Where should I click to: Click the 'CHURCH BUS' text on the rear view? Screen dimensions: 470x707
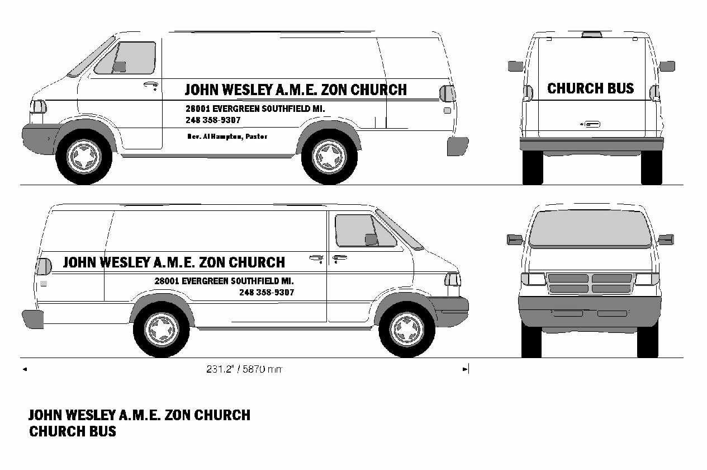pos(590,88)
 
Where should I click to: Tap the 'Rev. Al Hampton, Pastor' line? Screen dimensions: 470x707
pos(227,137)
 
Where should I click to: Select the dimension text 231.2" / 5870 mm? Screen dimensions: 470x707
pos(244,369)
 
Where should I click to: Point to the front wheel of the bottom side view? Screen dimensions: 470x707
pos(407,329)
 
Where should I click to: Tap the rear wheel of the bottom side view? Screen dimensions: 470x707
pos(161,329)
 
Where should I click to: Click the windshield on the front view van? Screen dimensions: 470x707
pos(590,228)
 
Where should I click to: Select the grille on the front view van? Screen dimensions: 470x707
pos(590,283)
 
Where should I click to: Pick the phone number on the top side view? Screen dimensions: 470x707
pos(213,120)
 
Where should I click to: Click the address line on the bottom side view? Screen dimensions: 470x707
pos(224,281)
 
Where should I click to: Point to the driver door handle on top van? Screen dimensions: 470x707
pos(150,85)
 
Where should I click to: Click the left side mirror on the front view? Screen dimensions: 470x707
pos(514,239)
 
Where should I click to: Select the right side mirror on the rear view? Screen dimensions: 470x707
pos(667,66)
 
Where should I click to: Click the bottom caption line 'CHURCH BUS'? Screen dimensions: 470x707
pos(73,431)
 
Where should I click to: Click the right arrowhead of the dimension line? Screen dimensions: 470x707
pos(464,369)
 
